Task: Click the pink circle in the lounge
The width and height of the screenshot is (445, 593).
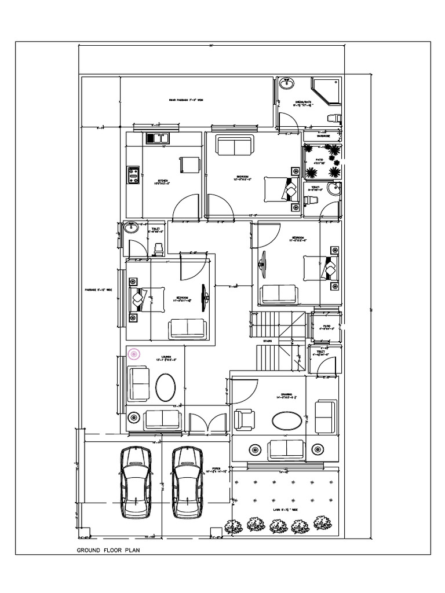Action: tap(134, 353)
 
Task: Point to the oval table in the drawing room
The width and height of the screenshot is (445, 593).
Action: tap(287, 420)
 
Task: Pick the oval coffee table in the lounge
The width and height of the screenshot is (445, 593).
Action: tap(166, 387)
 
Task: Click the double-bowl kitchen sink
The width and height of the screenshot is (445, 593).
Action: tap(157, 138)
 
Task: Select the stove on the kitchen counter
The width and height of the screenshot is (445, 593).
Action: tap(133, 174)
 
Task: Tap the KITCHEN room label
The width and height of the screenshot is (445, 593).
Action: tap(163, 181)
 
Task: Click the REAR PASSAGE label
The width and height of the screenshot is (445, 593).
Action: tap(186, 100)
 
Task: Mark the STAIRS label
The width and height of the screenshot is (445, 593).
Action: tap(268, 342)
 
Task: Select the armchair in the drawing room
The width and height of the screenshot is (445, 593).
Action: tap(244, 420)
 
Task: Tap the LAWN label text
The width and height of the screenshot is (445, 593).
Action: tap(283, 510)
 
